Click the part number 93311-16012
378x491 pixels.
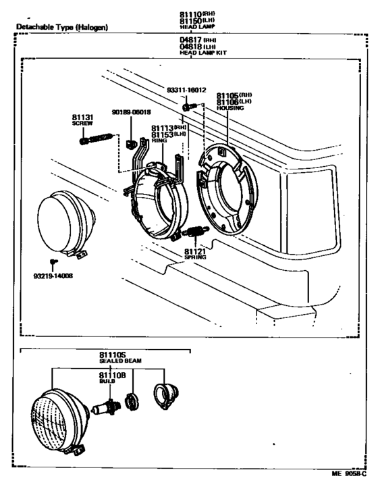coord(186,88)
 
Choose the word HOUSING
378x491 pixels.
coord(230,108)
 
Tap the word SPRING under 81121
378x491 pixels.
coord(194,258)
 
